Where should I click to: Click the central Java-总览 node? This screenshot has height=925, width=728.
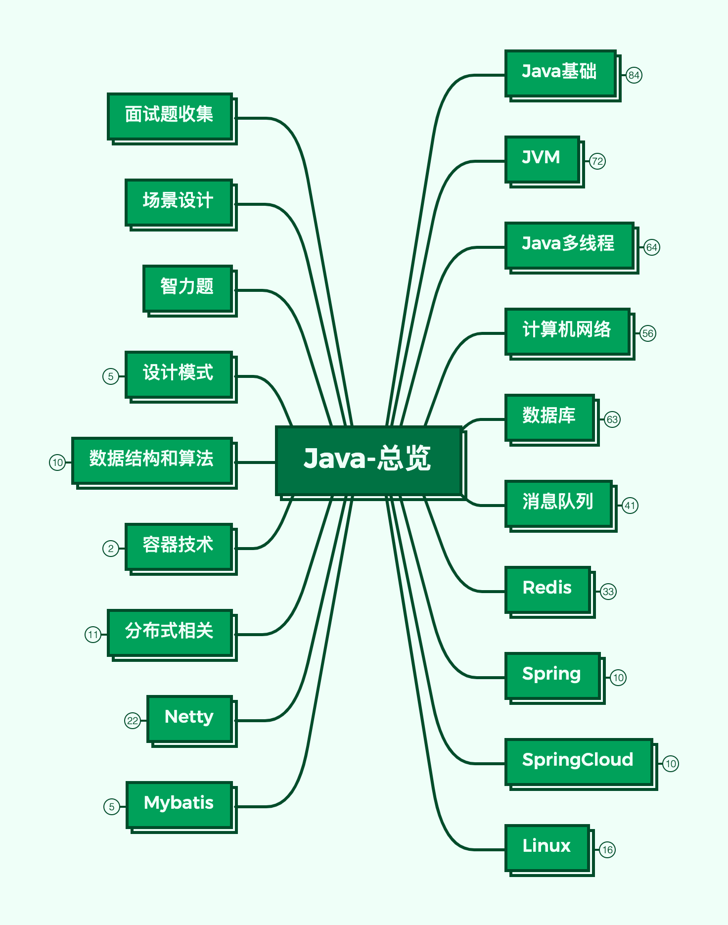tap(368, 460)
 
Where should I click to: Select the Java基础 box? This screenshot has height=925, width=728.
tap(560, 73)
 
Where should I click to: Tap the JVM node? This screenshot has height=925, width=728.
tap(542, 159)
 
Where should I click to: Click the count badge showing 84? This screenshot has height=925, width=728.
tap(634, 75)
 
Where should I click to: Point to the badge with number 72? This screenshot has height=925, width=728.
tap(597, 161)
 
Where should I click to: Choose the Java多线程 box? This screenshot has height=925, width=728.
tap(569, 245)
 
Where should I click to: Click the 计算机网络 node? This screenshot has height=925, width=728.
tap(567, 331)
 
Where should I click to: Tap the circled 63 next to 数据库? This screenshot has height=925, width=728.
tap(612, 419)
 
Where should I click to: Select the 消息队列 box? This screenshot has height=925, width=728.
tap(558, 503)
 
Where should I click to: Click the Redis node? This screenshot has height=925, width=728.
tap(547, 589)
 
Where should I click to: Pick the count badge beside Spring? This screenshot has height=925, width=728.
tap(618, 678)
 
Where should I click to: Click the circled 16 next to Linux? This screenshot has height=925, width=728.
tap(607, 850)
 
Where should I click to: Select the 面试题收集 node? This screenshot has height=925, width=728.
tap(170, 116)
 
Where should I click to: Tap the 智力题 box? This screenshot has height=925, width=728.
tap(187, 288)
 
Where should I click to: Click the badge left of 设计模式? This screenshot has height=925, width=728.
tap(111, 376)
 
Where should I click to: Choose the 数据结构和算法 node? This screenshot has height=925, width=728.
tap(152, 460)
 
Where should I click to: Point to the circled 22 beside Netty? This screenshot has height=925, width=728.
tap(133, 721)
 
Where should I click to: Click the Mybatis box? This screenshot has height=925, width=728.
tap(179, 804)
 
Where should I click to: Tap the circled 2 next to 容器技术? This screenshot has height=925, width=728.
tap(111, 549)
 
